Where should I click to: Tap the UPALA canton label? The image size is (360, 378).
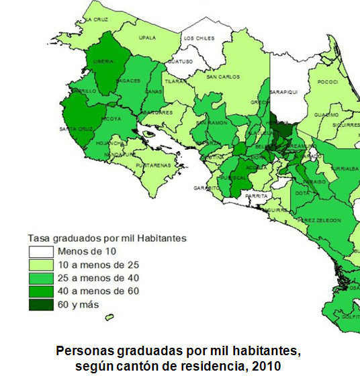[146, 38]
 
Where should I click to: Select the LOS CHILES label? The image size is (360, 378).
[199, 38]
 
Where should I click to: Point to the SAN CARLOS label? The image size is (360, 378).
[222, 77]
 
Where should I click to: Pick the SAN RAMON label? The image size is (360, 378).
[210, 124]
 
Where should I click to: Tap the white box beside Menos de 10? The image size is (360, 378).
[40, 251]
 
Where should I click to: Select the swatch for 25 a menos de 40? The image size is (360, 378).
[40, 277]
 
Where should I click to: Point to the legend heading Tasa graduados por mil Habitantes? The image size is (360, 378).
[107, 238]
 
